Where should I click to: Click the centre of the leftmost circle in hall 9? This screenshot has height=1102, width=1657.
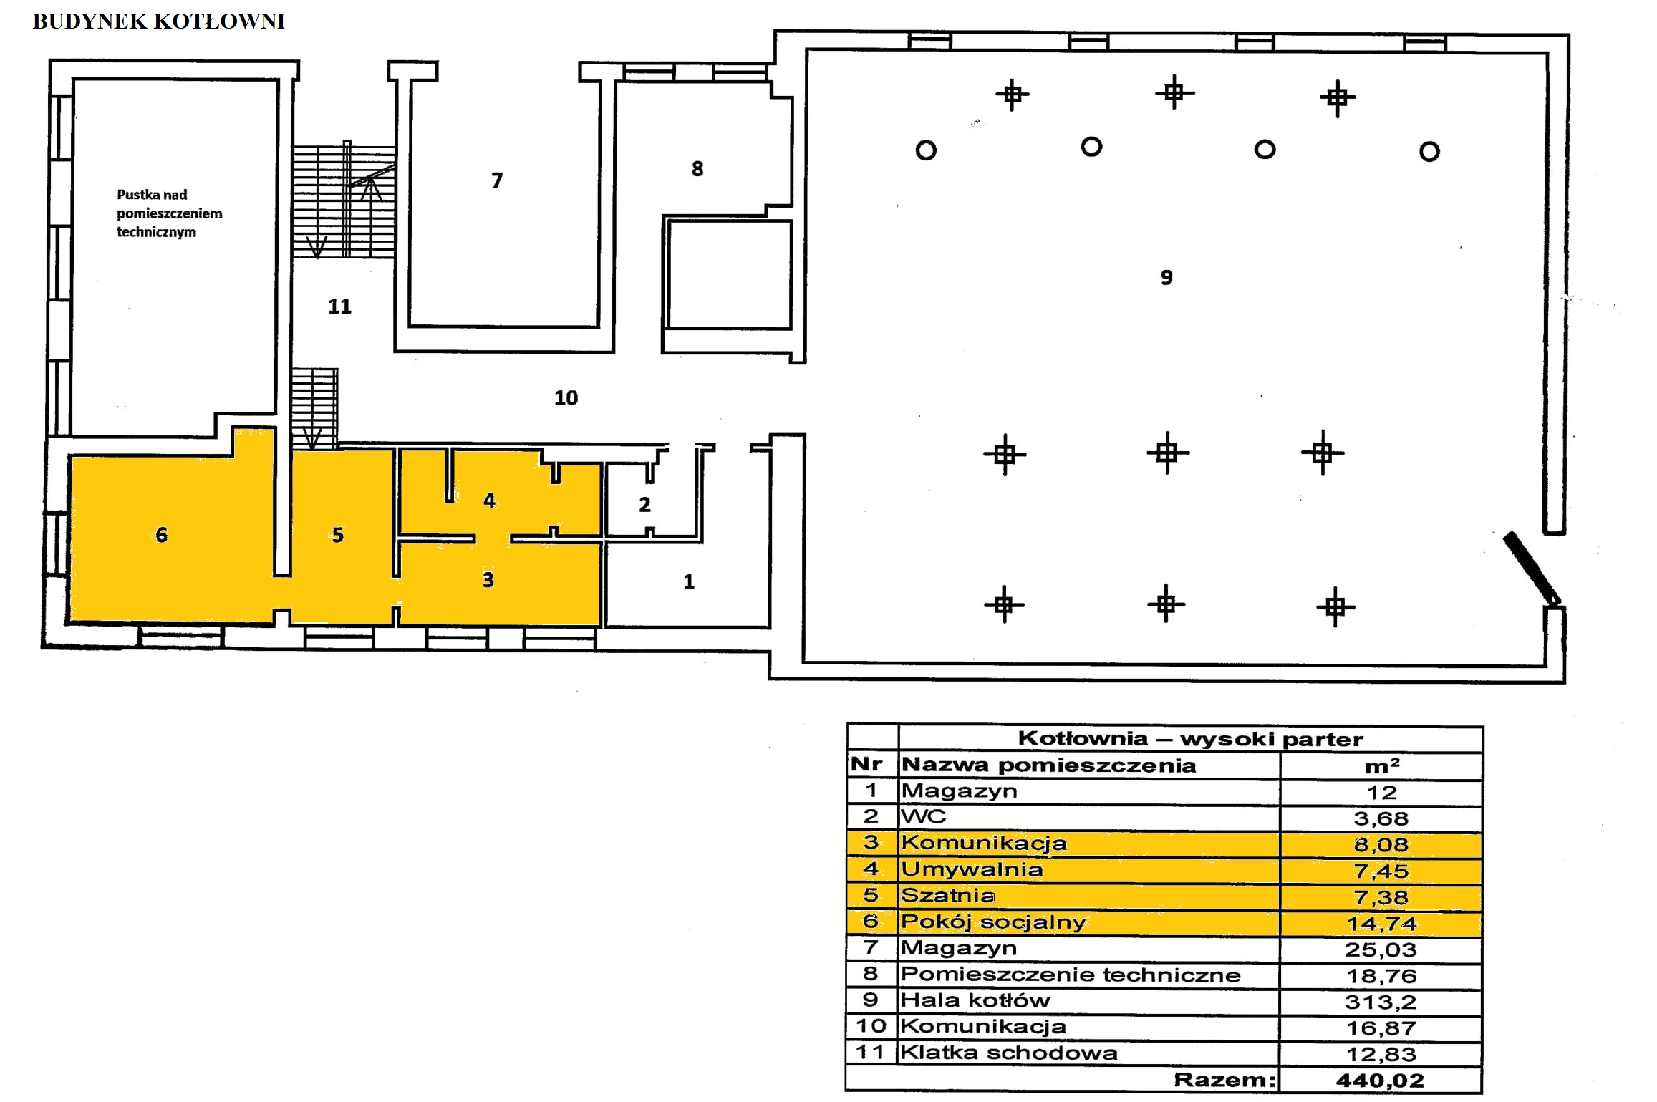926,150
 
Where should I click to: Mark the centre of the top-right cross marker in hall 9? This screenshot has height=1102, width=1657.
1338,97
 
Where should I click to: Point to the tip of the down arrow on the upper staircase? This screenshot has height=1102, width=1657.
316,257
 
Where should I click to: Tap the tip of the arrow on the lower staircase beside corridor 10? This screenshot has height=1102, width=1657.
312,448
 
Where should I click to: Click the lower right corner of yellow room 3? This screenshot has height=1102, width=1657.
600,625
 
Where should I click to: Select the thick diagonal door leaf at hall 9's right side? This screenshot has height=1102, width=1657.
1532,569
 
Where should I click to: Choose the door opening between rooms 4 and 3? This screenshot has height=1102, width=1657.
493,538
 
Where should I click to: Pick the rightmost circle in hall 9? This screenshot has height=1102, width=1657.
1429,152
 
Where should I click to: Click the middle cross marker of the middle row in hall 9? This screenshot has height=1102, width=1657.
1167,453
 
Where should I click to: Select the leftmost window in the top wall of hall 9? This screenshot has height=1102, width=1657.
930,42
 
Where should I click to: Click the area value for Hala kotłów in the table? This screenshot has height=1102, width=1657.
1381,1002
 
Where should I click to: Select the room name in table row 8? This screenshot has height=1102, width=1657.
1071,975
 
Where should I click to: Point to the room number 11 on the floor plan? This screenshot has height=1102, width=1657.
339,306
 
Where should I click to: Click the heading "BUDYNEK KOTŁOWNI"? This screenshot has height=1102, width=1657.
159,21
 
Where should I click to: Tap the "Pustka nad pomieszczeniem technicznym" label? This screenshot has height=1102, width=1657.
170,213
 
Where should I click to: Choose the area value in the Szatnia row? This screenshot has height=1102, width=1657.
1381,896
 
